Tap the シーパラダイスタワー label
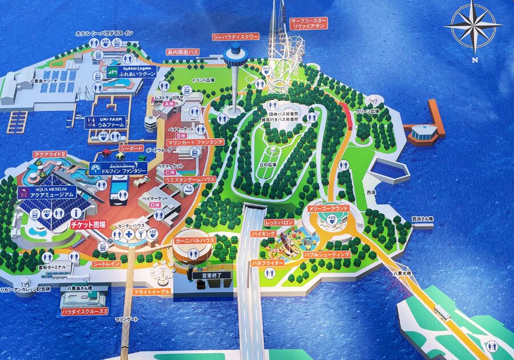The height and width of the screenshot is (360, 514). coord(235,37)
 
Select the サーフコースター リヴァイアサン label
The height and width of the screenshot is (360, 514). coord(308,23)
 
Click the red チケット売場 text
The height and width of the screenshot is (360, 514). coord(88,225)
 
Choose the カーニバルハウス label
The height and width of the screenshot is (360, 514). coord(194,241)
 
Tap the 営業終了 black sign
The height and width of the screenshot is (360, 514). coord(203,275)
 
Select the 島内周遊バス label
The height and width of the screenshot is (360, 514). coord(183,52)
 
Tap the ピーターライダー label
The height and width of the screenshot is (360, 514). coord(267,262)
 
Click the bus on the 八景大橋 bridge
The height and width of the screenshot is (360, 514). coord(442,312)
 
